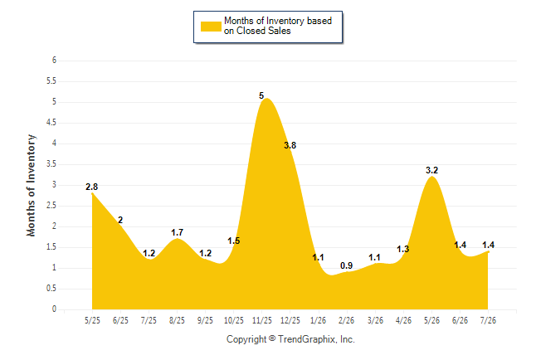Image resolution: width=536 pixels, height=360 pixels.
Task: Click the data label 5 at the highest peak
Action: click(x=261, y=95)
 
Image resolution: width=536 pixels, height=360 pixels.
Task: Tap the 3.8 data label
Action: click(x=290, y=145)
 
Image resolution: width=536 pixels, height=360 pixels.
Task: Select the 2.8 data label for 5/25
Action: click(x=91, y=187)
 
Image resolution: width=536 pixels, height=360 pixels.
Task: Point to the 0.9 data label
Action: click(x=346, y=265)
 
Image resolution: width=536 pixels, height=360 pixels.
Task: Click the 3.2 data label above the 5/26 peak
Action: click(x=431, y=170)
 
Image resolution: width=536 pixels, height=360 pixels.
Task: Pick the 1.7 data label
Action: click(x=177, y=232)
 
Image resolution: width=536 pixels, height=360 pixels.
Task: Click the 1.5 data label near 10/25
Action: click(x=234, y=241)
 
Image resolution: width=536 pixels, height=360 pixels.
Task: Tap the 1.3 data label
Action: click(x=403, y=249)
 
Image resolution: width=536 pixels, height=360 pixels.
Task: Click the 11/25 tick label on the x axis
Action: click(x=262, y=320)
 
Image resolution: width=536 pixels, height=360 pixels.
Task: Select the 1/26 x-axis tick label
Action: click(x=319, y=320)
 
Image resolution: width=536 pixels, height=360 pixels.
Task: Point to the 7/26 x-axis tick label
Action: click(x=488, y=320)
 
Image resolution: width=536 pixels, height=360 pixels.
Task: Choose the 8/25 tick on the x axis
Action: click(x=177, y=320)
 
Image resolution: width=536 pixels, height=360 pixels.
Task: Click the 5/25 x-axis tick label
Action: click(x=92, y=320)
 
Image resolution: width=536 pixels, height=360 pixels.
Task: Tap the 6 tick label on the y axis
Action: click(x=54, y=61)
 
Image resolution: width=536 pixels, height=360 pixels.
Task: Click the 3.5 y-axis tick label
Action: click(x=51, y=163)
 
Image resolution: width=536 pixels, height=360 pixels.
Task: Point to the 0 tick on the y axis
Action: click(x=54, y=309)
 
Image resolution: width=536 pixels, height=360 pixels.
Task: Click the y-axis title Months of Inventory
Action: click(x=31, y=185)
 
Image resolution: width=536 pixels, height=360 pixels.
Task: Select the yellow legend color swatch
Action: click(x=211, y=27)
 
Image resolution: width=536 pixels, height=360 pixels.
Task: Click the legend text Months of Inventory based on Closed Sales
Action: click(x=278, y=26)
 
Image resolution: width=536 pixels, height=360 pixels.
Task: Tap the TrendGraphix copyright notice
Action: click(x=290, y=339)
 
